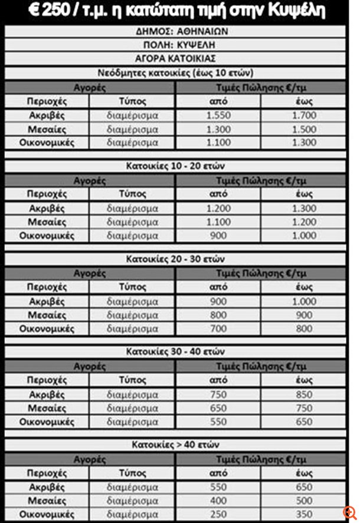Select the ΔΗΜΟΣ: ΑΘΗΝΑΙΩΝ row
point(179,32)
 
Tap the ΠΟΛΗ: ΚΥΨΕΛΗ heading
point(179,45)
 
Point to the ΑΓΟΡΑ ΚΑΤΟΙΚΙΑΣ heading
point(179,59)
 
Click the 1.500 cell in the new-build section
point(305,129)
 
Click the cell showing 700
point(219,328)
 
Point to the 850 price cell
point(305,394)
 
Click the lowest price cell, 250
point(219,514)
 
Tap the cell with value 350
point(305,514)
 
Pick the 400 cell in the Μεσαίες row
point(219,501)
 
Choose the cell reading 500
point(305,501)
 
